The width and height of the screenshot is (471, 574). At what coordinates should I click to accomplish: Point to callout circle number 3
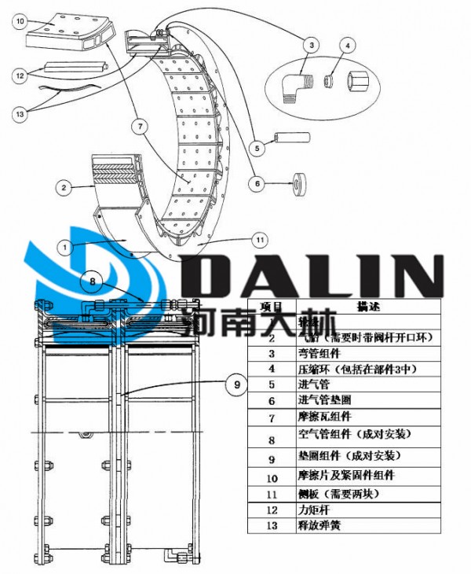coord(312,46)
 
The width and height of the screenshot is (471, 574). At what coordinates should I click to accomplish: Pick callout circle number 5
coord(257,146)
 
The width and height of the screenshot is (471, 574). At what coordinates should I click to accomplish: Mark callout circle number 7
coord(139,126)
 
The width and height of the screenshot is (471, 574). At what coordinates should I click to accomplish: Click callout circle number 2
coord(64,187)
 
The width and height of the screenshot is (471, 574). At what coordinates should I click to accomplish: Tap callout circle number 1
coord(65,246)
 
